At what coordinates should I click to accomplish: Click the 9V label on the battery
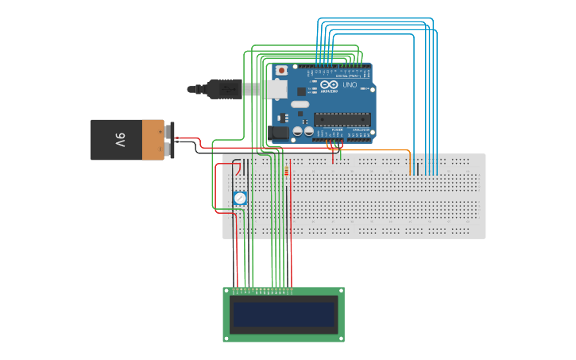point(120,140)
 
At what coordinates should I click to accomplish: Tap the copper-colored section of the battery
point(153,140)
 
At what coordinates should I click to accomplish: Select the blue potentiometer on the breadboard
point(240,198)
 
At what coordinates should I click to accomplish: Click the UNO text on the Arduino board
point(350,84)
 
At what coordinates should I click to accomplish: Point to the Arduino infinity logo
point(330,84)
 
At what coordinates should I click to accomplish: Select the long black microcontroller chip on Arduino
point(342,120)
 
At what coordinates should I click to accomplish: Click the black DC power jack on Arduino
point(278,133)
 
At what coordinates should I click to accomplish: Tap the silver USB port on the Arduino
point(276,90)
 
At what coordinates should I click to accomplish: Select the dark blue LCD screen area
point(284,314)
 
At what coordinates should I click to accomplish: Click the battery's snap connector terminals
point(169,140)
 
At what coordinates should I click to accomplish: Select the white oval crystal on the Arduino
point(300,104)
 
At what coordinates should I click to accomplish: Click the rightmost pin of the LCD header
point(291,291)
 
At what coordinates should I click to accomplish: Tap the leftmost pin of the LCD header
point(234,291)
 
